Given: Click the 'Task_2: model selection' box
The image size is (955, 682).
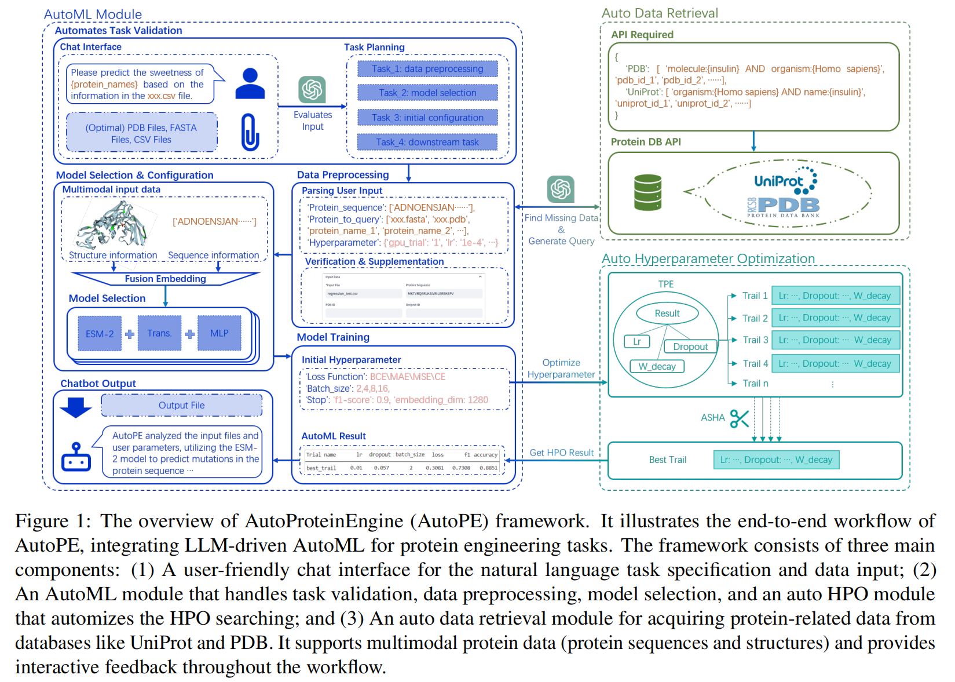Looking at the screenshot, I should [x=427, y=93].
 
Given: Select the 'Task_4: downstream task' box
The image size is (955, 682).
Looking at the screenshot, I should [x=427, y=142].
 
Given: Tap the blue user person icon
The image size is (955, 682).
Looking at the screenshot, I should [x=250, y=83].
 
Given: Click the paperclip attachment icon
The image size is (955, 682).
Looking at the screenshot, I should [x=250, y=132].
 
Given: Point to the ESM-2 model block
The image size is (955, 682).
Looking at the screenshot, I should [x=100, y=334].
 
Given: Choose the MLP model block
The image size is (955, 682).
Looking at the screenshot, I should [x=219, y=333].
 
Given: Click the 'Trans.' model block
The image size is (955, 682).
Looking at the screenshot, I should [x=159, y=333].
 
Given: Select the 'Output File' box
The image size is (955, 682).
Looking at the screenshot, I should [x=181, y=405].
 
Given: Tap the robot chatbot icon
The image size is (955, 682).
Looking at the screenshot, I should [x=76, y=457].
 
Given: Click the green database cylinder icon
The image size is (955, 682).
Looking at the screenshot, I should [x=647, y=192].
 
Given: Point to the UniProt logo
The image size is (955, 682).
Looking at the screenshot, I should [x=785, y=181].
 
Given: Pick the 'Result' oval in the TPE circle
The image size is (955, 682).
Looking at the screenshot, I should [x=667, y=313].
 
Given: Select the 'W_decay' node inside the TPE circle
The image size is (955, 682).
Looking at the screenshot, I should [x=657, y=366].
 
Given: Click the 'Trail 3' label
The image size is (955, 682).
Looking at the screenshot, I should [x=755, y=340].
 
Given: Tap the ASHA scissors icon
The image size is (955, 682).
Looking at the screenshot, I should [x=739, y=418].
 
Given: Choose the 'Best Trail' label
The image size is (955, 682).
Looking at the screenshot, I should [x=667, y=459].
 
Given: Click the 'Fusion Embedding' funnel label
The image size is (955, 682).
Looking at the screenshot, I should [x=165, y=279].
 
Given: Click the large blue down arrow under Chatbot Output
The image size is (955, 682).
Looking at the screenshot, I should [x=75, y=407].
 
